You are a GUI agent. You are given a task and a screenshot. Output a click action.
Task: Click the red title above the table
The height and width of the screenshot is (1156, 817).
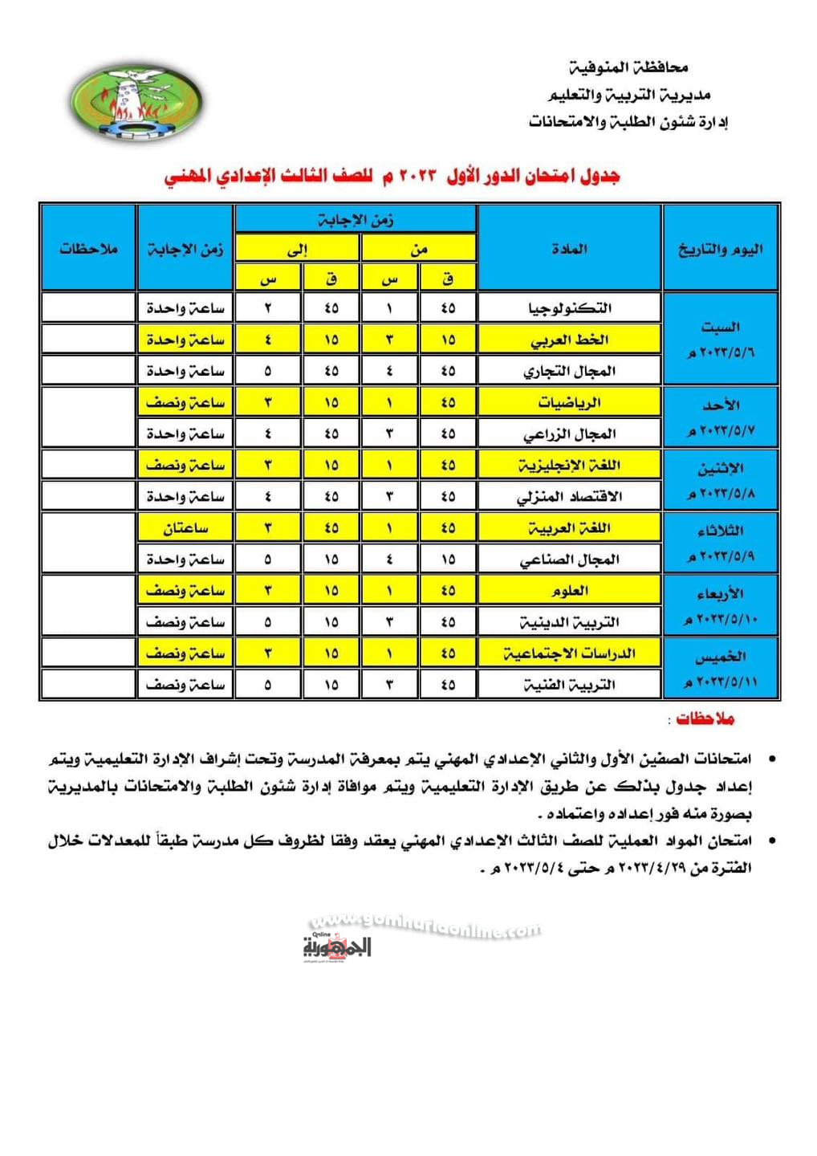pyautogui.click(x=392, y=175)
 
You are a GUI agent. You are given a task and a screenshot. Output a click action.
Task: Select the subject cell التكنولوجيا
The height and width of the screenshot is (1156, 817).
pyautogui.click(x=569, y=308)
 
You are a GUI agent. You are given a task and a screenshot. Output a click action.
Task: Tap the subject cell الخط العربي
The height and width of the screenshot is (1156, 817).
pyautogui.click(x=569, y=340)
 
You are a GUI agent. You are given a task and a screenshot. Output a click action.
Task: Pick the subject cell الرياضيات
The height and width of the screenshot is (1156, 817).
pyautogui.click(x=569, y=402)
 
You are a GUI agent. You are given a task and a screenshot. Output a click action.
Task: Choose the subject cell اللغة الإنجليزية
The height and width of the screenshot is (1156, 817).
pyautogui.click(x=569, y=465)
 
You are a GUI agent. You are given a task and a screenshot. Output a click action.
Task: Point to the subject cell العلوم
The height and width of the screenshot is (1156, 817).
pyautogui.click(x=569, y=591)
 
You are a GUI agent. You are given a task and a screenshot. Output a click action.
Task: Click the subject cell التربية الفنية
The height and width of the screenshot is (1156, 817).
pyautogui.click(x=569, y=685)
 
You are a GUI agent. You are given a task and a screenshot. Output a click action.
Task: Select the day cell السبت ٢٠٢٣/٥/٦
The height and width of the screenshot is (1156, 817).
pyautogui.click(x=721, y=339)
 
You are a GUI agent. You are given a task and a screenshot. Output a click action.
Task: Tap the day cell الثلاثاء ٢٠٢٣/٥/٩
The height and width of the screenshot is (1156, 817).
pyautogui.click(x=721, y=543)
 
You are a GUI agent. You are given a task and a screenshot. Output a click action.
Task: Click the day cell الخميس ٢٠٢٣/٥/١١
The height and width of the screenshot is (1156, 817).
pyautogui.click(x=721, y=669)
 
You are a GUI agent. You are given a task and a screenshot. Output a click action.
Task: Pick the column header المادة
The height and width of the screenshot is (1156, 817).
pyautogui.click(x=569, y=249)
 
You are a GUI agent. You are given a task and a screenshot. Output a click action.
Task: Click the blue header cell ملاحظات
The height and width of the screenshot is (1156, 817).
pyautogui.click(x=88, y=249)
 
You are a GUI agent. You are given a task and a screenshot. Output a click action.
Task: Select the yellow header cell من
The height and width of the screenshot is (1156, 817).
pyautogui.click(x=419, y=249)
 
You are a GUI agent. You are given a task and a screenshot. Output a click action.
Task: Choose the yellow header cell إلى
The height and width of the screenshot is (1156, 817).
pyautogui.click(x=297, y=249)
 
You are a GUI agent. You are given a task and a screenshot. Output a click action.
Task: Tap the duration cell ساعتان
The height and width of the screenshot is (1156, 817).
pyautogui.click(x=185, y=528)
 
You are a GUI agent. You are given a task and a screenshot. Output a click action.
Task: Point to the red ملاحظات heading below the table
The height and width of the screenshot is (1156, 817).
pyautogui.click(x=705, y=718)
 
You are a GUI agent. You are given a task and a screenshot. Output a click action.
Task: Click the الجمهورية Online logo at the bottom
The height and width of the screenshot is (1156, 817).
pyautogui.click(x=337, y=947)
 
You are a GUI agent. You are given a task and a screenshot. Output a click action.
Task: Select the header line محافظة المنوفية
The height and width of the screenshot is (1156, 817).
pyautogui.click(x=628, y=67)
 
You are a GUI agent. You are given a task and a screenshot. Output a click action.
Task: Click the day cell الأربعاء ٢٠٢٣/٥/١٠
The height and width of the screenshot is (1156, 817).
pyautogui.click(x=721, y=606)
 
